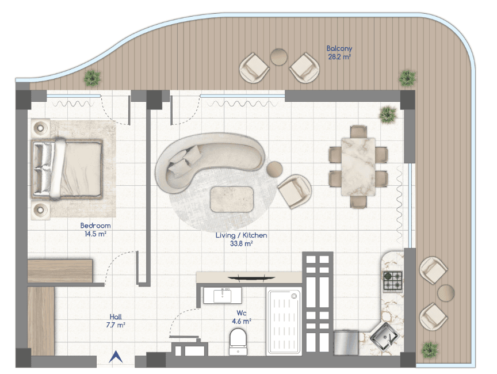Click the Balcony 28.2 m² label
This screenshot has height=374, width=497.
(339, 52)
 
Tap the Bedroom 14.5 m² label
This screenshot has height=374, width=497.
(95, 230)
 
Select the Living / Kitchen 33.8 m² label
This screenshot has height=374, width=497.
(241, 239)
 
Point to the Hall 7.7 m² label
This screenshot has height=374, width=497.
(116, 320)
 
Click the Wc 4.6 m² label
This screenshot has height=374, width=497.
(242, 317)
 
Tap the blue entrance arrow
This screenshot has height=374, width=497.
(116, 357)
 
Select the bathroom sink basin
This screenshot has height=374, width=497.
(222, 295)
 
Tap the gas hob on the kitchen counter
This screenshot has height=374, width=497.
(393, 281)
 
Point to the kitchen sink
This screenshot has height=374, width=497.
(384, 336)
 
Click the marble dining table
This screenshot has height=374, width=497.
(358, 166)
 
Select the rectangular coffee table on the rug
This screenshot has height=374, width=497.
(232, 199)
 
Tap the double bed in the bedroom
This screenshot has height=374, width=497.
(67, 169)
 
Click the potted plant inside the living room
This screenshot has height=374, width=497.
(388, 115)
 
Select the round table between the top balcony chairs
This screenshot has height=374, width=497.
(279, 57)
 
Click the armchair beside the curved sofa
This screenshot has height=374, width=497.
(295, 191)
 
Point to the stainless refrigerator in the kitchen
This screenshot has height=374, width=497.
(346, 343)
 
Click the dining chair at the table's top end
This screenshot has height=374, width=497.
(358, 132)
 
